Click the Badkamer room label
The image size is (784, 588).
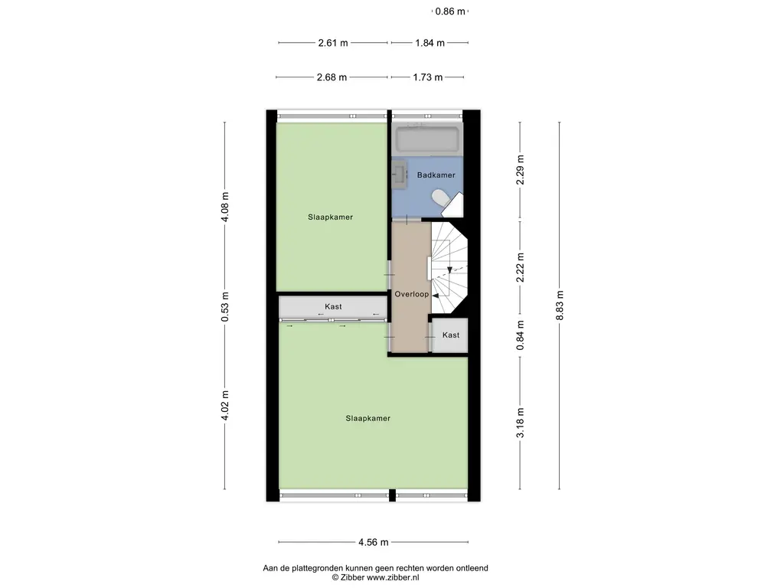click(x=436, y=175)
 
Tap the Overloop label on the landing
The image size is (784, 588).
click(x=411, y=294)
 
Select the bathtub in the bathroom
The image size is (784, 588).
click(x=427, y=140)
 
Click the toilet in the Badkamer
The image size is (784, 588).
click(x=441, y=199)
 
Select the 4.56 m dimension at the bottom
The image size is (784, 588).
click(x=374, y=543)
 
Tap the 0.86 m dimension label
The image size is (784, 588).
click(x=450, y=11)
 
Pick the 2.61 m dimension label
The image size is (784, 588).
click(x=333, y=43)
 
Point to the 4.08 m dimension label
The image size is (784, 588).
click(x=224, y=206)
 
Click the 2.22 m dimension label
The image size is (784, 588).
click(x=520, y=268)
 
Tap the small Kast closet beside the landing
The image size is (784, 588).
click(x=450, y=336)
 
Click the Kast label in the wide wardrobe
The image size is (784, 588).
click(x=333, y=307)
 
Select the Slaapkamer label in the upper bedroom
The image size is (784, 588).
click(x=330, y=217)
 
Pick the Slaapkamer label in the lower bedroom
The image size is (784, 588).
click(x=367, y=419)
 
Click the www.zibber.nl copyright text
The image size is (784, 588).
click(x=376, y=578)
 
